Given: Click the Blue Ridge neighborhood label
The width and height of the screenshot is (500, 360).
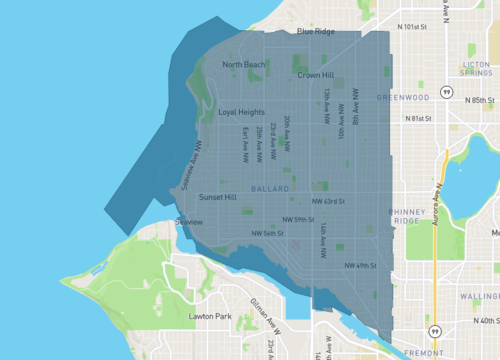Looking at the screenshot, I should tap(316, 32).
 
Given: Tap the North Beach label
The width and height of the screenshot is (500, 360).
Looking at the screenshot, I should tap(244, 65).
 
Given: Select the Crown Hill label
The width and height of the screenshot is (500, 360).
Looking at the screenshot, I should tap(315, 75).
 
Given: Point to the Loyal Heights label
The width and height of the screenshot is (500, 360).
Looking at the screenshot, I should tap(241, 113).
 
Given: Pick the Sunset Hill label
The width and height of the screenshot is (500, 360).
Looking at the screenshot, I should tap(217, 198).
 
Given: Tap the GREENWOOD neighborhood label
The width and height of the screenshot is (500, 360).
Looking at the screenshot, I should tap(402, 97).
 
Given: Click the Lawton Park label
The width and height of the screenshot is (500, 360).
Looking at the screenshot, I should tap(210, 317).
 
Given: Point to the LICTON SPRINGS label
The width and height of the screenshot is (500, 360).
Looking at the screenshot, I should tap(476, 67).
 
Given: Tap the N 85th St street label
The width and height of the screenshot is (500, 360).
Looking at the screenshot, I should tap(479, 100).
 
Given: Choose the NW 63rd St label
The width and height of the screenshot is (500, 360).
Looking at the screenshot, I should tap(328, 201).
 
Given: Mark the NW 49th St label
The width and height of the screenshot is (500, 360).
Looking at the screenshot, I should tap(360, 265).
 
